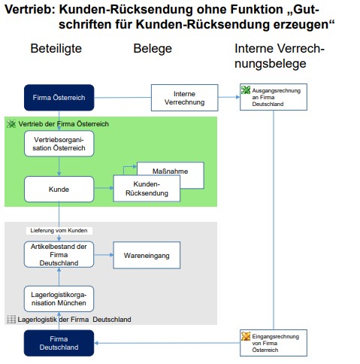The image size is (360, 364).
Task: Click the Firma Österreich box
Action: [x=59, y=98]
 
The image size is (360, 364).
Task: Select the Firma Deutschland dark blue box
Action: [x=59, y=343]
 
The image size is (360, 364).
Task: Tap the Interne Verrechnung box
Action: [x=184, y=98]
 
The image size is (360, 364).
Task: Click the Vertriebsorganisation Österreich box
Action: [x=59, y=144]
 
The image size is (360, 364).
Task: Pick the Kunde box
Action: [x=59, y=189]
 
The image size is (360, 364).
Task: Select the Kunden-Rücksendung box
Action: [x=147, y=188]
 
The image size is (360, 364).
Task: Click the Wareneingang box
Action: [x=147, y=255]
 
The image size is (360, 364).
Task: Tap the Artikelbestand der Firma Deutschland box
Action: [x=59, y=254]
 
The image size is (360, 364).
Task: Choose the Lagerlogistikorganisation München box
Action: [x=59, y=299]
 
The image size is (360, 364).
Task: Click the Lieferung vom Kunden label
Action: [x=59, y=230]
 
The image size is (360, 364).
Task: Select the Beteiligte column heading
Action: [x=56, y=48]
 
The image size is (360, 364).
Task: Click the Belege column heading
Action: [x=153, y=48]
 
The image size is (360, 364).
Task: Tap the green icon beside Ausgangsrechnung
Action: [x=246, y=90]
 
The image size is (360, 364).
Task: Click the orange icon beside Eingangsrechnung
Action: [x=246, y=336]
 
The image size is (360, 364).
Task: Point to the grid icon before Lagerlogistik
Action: [x=11, y=319]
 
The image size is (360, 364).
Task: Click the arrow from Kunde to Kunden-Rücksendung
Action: [x=104, y=188]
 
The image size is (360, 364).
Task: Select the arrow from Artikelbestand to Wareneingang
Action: [x=104, y=255]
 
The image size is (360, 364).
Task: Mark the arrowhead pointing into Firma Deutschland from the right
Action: [x=96, y=343]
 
